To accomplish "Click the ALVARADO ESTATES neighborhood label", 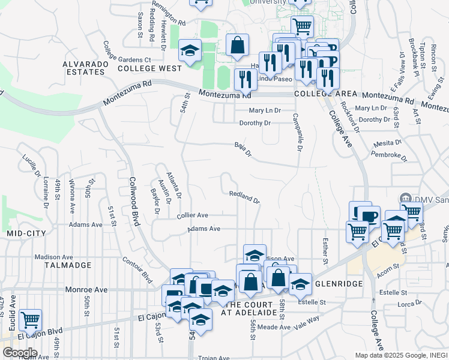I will point(84,67).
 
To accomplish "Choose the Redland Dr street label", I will point(244,197).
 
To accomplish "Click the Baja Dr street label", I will point(243,149).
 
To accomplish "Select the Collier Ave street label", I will point(192,215).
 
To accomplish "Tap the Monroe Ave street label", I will point(87,289).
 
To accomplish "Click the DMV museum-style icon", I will point(405,199).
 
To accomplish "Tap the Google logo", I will point(20,352).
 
